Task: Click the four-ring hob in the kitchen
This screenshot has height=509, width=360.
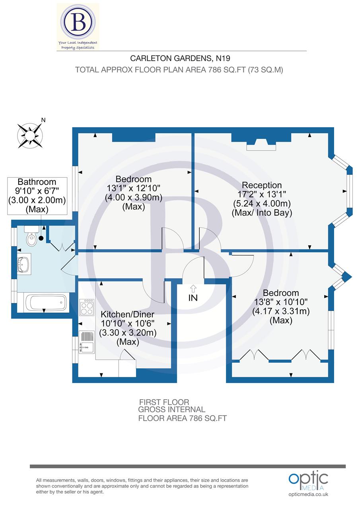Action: coord(87,307)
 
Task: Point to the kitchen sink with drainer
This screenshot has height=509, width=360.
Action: coord(86,342)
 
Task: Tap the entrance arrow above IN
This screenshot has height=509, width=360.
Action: coord(193,288)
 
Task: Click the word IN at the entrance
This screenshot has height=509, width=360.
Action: coord(193,297)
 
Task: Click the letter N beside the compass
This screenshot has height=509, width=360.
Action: coord(44,120)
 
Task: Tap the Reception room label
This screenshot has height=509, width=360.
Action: coord(262,185)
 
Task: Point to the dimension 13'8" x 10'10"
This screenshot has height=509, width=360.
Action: coord(281,302)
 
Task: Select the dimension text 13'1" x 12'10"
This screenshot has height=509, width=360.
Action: coord(134,188)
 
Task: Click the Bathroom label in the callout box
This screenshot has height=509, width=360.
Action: coord(37,182)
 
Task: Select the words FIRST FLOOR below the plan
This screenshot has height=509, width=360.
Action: coord(164,402)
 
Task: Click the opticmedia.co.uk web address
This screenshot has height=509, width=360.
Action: coord(308,494)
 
